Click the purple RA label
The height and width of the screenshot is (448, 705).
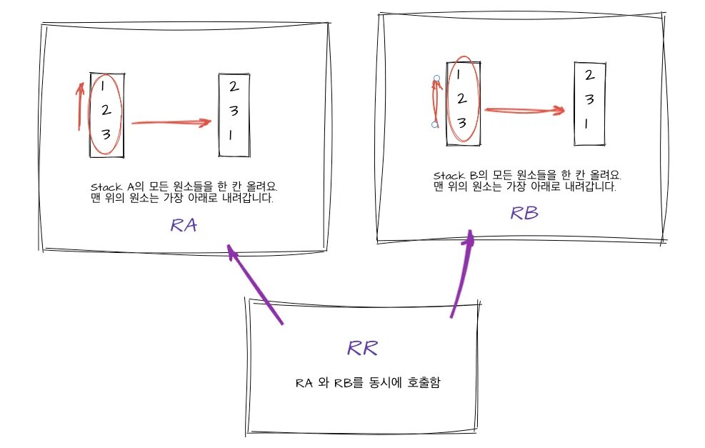(184, 225)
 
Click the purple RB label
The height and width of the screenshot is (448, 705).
(524, 212)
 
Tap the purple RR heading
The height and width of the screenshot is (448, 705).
(362, 348)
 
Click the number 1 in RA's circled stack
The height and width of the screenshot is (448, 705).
(104, 87)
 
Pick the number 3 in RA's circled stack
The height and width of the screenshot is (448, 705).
(105, 134)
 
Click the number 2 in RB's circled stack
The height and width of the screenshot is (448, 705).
(461, 99)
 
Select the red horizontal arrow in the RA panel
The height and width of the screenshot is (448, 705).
(171, 122)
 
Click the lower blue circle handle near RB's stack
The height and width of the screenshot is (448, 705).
(435, 125)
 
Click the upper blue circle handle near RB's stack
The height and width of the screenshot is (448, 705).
(436, 77)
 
